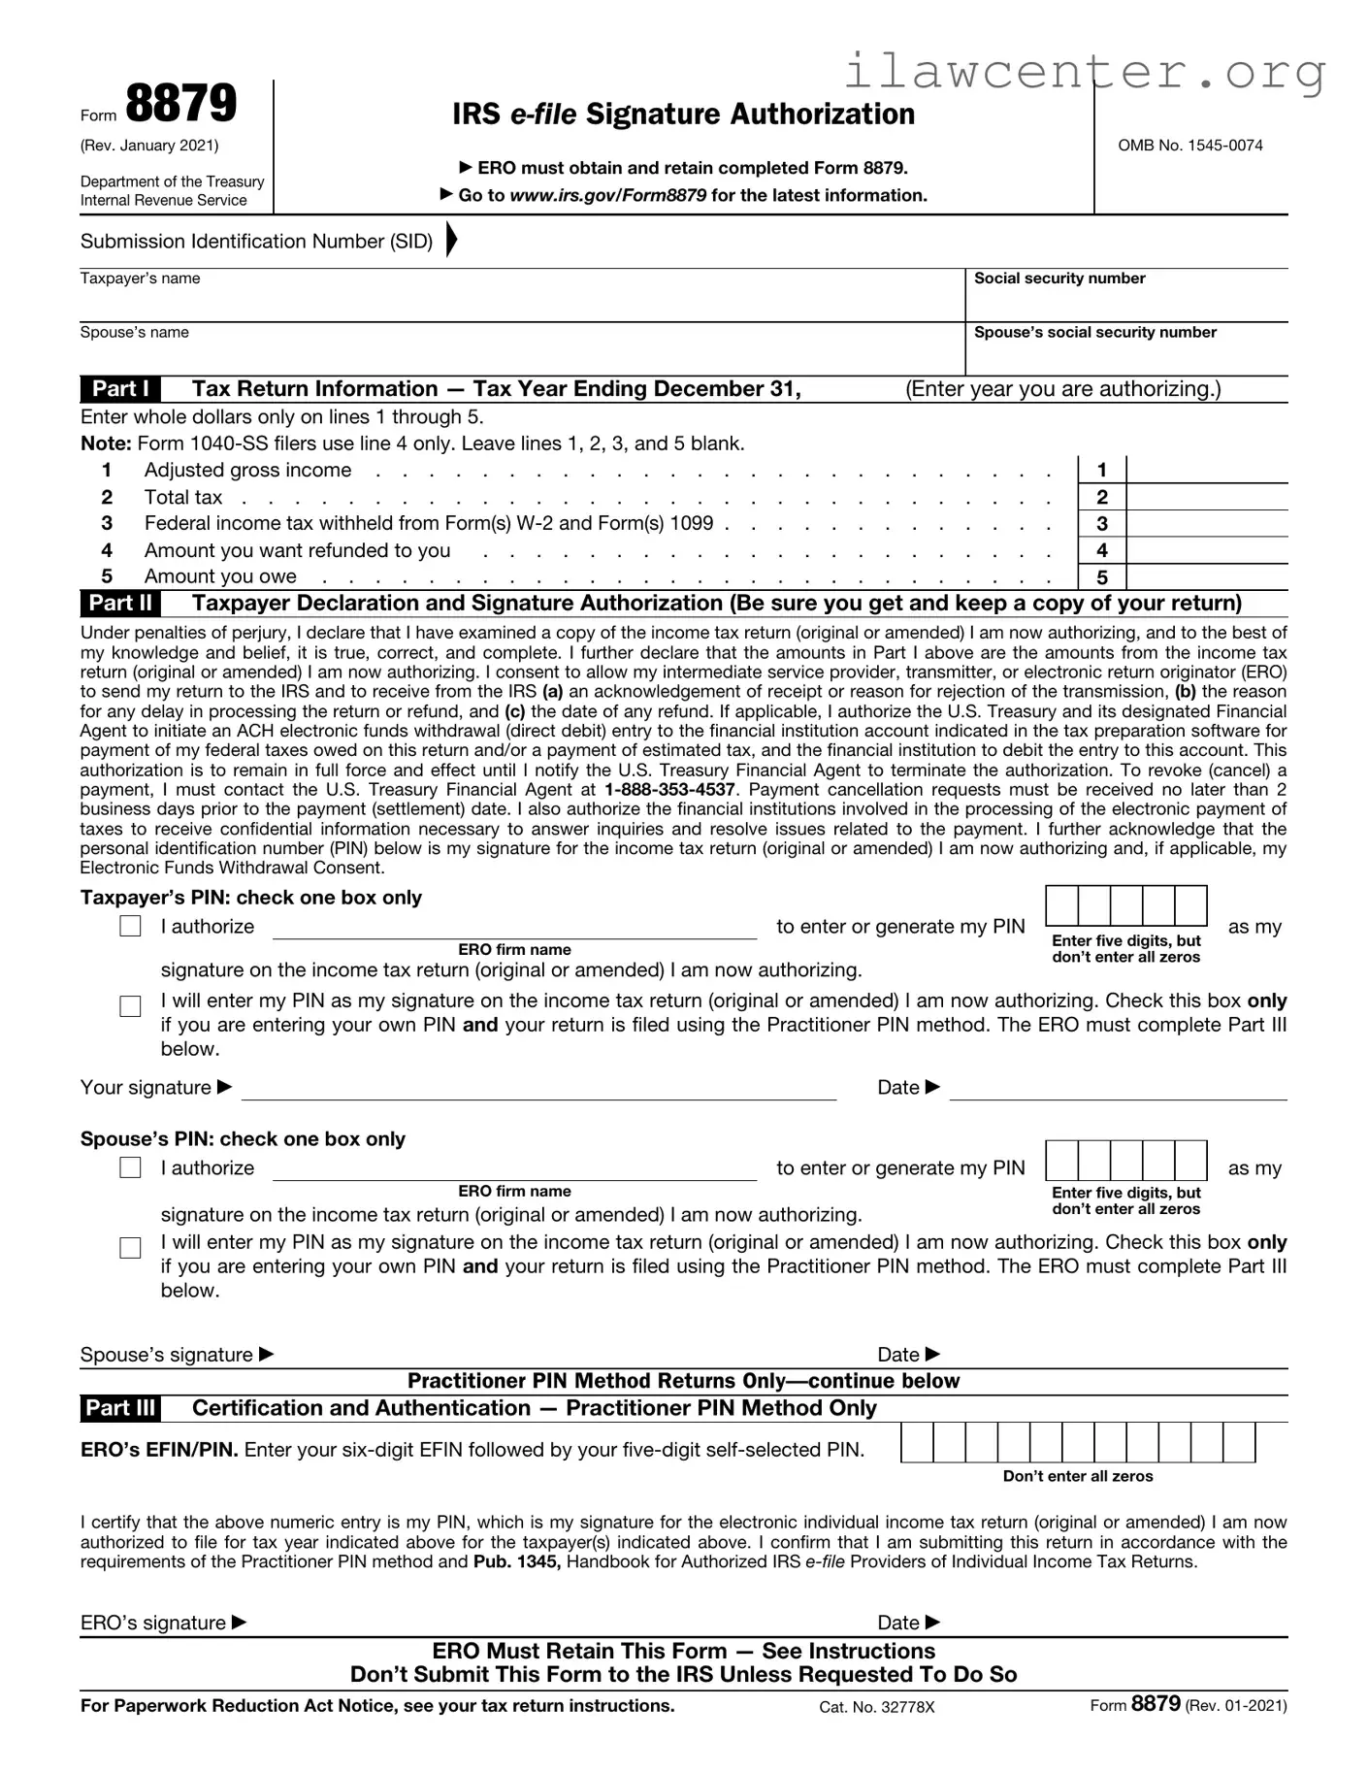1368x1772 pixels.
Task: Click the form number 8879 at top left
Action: click(180, 105)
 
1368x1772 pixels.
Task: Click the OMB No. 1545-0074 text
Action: click(1190, 146)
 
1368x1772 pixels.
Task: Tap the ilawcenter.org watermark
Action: click(1085, 72)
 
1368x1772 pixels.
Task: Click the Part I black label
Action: click(120, 389)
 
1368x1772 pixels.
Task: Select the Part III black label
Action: click(120, 1408)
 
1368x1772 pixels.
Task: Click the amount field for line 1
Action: click(1207, 470)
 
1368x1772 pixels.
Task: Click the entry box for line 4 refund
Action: click(1207, 550)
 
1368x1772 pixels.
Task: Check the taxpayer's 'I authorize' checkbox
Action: click(130, 927)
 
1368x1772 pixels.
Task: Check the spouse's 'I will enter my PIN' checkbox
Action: click(130, 1248)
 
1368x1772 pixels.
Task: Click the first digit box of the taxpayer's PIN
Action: click(1062, 905)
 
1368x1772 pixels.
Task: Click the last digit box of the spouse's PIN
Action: click(1190, 1161)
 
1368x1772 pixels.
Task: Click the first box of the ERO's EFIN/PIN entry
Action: click(917, 1443)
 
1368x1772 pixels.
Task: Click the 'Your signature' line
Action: click(538, 1089)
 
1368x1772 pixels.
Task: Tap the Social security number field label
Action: click(1059, 279)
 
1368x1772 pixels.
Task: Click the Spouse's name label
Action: click(134, 333)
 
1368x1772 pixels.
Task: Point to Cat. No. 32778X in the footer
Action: click(876, 1707)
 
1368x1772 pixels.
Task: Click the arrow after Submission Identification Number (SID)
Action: click(451, 240)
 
